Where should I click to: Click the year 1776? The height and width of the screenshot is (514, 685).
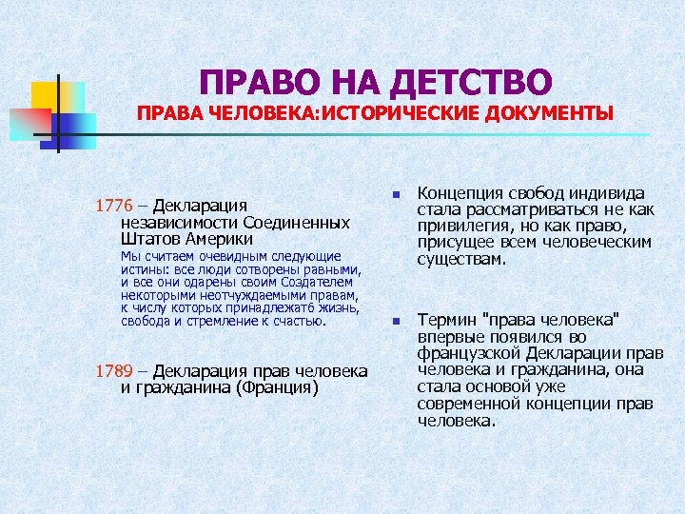pyautogui.click(x=113, y=206)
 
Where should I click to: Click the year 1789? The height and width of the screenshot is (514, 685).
pyautogui.click(x=113, y=371)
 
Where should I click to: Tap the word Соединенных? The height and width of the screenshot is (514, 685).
pyautogui.click(x=298, y=223)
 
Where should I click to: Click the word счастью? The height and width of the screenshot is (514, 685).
pyautogui.click(x=294, y=321)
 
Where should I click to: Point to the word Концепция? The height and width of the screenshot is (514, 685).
pyautogui.click(x=462, y=194)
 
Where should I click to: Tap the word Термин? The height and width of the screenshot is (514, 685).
pyautogui.click(x=446, y=321)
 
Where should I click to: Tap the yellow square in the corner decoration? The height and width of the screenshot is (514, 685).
pyautogui.click(x=47, y=95)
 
